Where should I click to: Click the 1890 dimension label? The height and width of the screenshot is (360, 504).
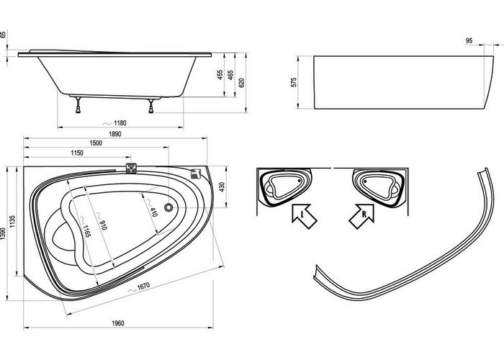click(114, 134)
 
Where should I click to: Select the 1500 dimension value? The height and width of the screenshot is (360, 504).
click(96, 143)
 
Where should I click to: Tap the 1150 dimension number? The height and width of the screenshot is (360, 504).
click(77, 153)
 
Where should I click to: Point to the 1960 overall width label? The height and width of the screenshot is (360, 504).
click(118, 323)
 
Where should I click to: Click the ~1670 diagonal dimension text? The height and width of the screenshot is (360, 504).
click(139, 287)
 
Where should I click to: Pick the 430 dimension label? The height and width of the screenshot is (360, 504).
click(222, 186)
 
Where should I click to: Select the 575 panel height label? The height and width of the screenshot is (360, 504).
click(294, 82)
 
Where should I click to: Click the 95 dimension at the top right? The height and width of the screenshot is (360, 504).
click(469, 41)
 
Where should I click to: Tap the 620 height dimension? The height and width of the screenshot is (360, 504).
click(242, 83)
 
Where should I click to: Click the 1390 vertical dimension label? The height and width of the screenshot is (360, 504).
click(3, 234)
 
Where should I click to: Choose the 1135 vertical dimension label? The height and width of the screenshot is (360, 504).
click(12, 222)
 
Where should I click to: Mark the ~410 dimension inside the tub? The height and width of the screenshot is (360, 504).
click(151, 207)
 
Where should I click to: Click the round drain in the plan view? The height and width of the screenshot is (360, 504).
click(168, 207)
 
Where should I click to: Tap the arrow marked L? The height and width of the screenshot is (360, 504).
click(304, 216)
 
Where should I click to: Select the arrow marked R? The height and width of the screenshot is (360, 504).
click(362, 216)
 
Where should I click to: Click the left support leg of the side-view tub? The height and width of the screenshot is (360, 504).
click(78, 105)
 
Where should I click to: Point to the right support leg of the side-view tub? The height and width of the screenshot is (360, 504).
click(151, 106)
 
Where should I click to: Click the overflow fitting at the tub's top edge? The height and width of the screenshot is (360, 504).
click(131, 168)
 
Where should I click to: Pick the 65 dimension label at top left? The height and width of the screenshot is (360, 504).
click(3, 35)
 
